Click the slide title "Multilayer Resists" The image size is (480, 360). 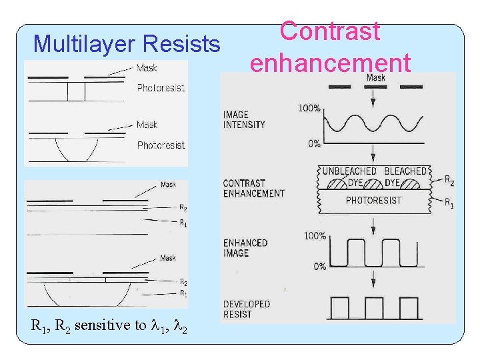pyautogui.click(x=127, y=44)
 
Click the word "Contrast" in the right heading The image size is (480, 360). pyautogui.click(x=329, y=31)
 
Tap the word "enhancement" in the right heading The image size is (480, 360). pyautogui.click(x=329, y=63)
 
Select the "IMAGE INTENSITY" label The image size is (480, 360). pyautogui.click(x=244, y=120)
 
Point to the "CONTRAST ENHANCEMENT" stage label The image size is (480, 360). pyautogui.click(x=253, y=188)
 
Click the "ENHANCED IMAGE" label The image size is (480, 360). pyautogui.click(x=245, y=248)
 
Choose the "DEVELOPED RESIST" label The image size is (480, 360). pyautogui.click(x=247, y=309)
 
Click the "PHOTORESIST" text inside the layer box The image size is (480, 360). pyautogui.click(x=373, y=200)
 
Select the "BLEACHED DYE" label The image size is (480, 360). pyautogui.click(x=405, y=176)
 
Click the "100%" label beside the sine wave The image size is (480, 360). pyautogui.click(x=309, y=107)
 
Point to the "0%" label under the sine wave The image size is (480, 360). pyautogui.click(x=313, y=143)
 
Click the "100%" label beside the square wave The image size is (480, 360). pyautogui.click(x=315, y=236)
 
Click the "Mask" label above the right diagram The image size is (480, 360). pyautogui.click(x=375, y=78)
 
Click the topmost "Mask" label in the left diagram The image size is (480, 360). pyautogui.click(x=147, y=67)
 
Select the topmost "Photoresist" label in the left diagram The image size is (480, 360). pyautogui.click(x=161, y=87)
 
